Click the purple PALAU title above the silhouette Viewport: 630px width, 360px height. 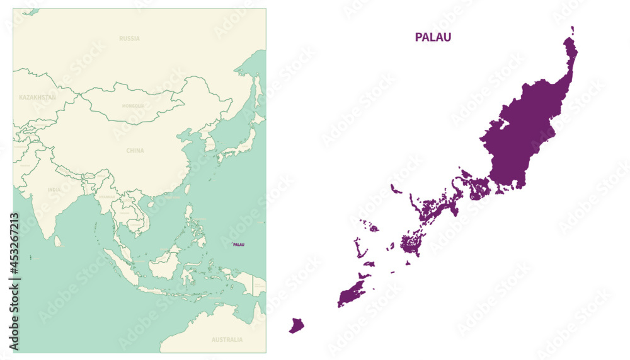[x=433, y=37]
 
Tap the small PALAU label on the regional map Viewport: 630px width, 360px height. [x=239, y=244]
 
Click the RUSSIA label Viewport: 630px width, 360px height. [x=129, y=38]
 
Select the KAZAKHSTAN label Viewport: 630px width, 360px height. [x=37, y=98]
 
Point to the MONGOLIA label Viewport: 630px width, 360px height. [x=133, y=106]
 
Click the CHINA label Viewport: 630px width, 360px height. [x=135, y=151]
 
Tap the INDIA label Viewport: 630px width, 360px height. [x=54, y=189]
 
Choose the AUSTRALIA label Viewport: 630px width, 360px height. [x=227, y=340]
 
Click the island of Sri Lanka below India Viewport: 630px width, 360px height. [x=58, y=241]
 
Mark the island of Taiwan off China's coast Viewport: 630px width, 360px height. [x=188, y=189]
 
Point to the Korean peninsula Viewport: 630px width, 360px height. [x=209, y=144]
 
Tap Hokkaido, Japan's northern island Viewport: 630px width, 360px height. [x=258, y=118]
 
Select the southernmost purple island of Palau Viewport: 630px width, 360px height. [x=296, y=325]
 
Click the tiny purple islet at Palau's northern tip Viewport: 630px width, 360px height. [x=573, y=29]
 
